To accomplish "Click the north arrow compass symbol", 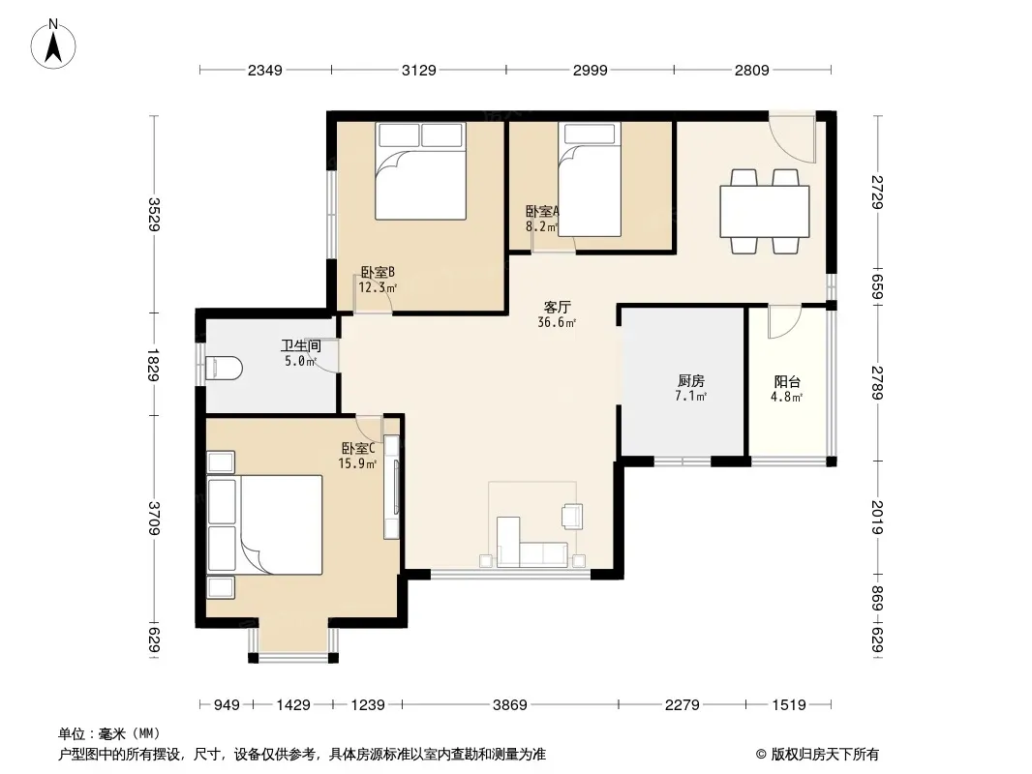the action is pos(53,45).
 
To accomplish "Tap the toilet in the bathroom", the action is pos(224,369).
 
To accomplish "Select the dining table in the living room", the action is pos(764,211).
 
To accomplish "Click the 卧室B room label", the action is pos(378,272).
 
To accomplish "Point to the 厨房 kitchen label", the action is pos(691,381).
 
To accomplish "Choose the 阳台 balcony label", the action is pos(787,381).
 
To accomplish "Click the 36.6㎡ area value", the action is pos(557,322).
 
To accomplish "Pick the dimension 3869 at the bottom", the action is pos(510,705).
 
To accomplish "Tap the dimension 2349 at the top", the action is pos(265,70).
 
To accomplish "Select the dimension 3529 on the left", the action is pos(153,215).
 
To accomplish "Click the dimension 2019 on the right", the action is pos(877,517).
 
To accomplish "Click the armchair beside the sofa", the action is pos(572,517).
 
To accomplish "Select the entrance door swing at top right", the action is pos(793,139).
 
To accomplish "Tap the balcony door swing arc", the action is pos(783,322).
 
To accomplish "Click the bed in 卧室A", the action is pos(590,179).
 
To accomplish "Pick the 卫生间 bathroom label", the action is pos(301,346).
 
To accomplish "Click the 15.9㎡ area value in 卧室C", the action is pos(357,463).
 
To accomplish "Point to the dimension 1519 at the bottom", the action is pos(788,705).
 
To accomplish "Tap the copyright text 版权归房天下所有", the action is pos(824,755).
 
